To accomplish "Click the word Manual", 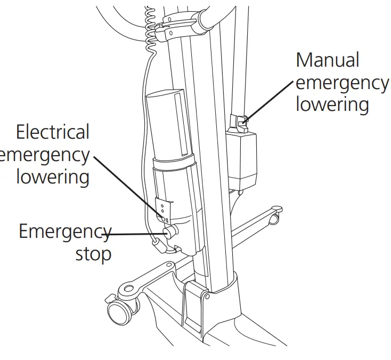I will pos(328,60).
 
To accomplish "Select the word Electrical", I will pos(52,132).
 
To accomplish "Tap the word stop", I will pos(93,253).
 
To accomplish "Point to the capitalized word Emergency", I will pos(64,231).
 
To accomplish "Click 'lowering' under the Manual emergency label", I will pos(332,104).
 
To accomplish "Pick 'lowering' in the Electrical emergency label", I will pos(52,177).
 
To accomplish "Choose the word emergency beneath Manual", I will pos(342,83).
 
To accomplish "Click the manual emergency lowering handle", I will pos(238,123).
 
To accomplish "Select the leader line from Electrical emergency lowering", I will pos(126,185).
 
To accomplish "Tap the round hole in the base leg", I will pos(128,289).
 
